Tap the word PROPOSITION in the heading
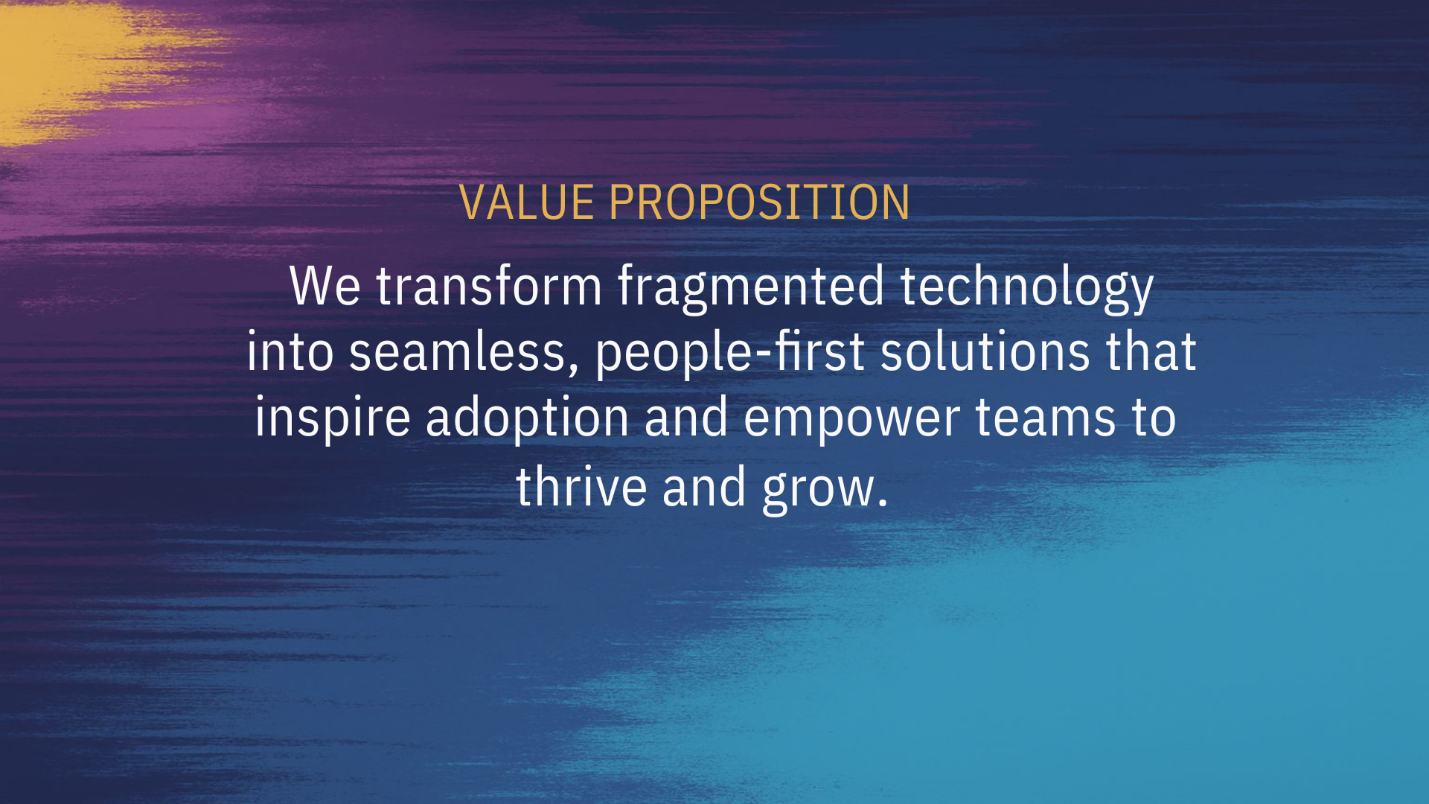click(759, 202)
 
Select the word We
click(325, 286)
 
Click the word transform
click(488, 286)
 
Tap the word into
click(290, 351)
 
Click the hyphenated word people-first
click(730, 353)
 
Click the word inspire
click(333, 418)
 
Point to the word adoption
click(528, 418)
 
